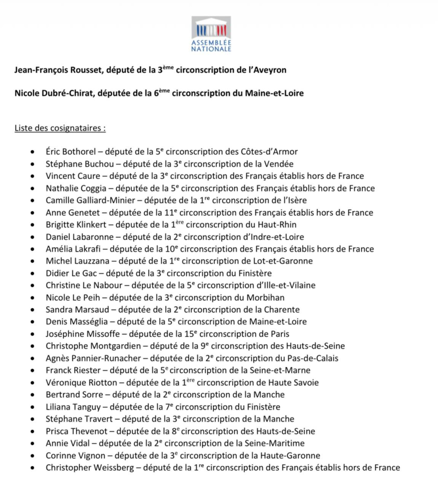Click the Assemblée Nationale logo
(212, 34)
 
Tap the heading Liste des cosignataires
(60, 128)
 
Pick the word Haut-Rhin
(276, 224)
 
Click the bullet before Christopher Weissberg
(32, 468)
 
